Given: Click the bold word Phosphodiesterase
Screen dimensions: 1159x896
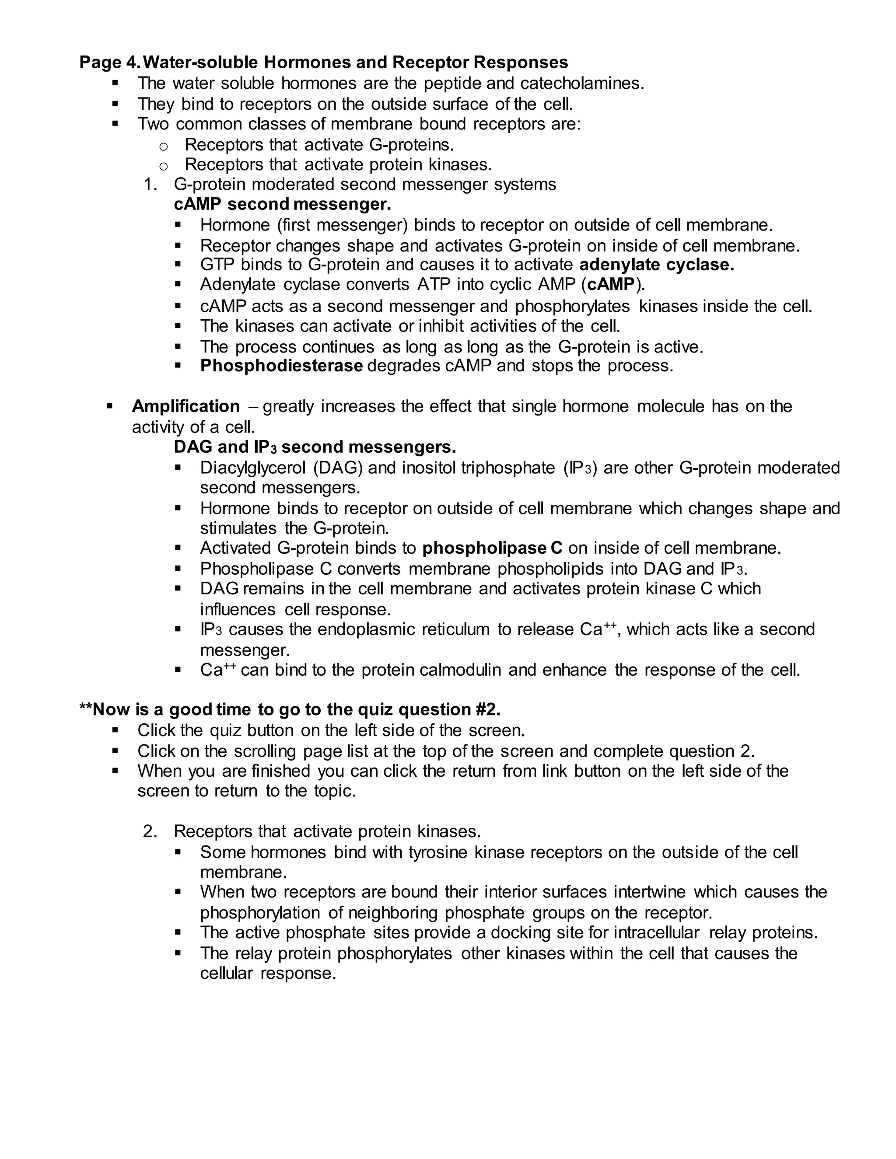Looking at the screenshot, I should point(281,366).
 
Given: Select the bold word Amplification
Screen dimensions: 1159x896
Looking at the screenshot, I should point(186,406).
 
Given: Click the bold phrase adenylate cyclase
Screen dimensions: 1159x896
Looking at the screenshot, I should point(657,265).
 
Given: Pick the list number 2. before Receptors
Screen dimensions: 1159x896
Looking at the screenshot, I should point(150,831).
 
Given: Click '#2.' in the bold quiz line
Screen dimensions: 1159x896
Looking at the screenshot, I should point(488,710).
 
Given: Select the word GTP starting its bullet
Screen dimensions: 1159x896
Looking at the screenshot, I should point(217,265).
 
